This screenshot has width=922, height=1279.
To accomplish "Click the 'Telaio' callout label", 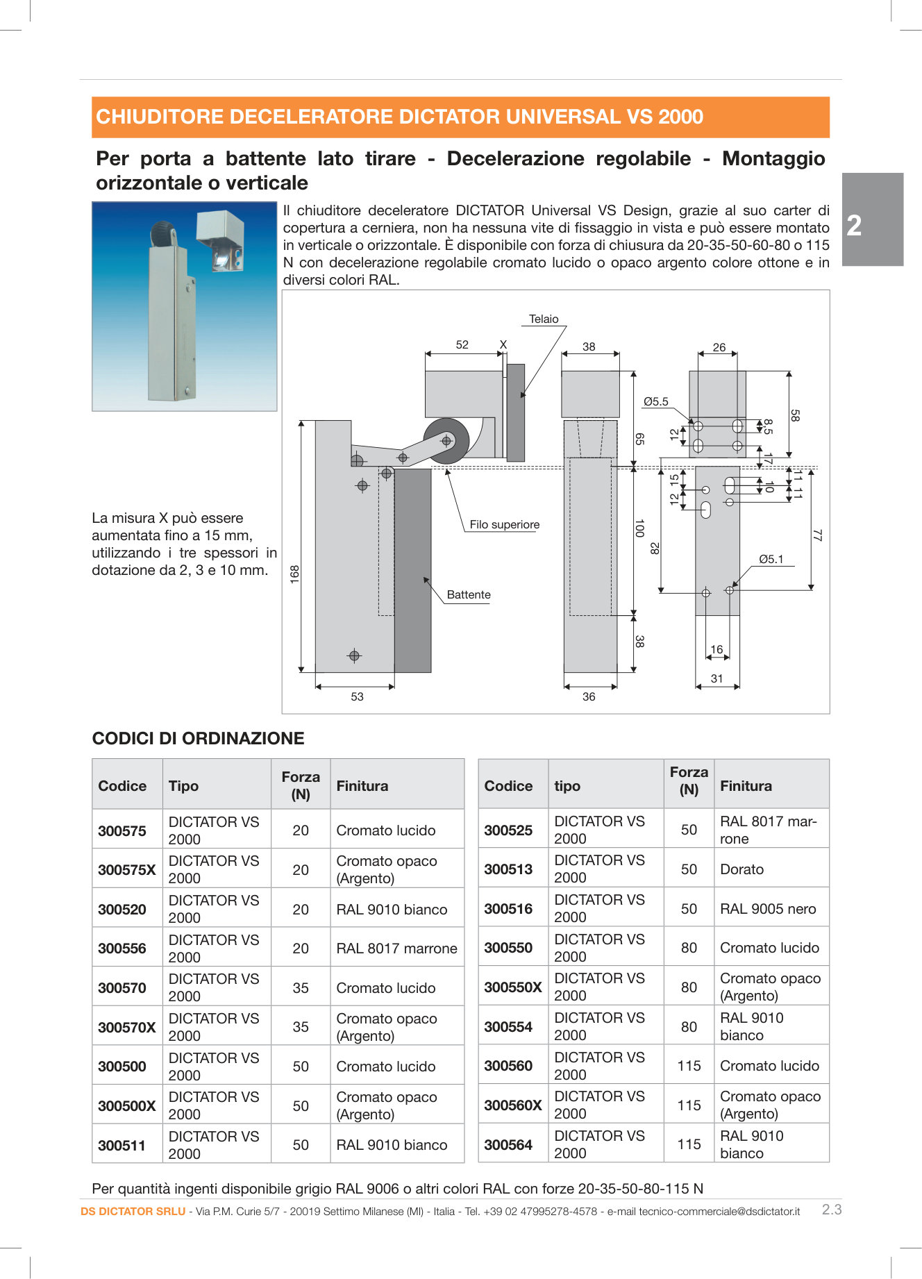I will point(544,319).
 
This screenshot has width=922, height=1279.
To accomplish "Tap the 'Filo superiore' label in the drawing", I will point(504,525).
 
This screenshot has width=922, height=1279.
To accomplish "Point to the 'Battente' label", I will point(469,595).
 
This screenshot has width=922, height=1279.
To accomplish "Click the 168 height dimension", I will point(295,574).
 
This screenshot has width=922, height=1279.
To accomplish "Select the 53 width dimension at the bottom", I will point(357,696).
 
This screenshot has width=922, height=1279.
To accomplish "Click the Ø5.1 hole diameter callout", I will point(771,559).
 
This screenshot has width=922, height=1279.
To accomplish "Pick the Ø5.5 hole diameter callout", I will point(655,401).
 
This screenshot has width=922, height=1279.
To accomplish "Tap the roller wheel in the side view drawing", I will point(447,440).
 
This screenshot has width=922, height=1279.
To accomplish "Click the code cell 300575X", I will point(127,870).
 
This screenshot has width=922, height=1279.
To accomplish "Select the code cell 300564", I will point(508,1145).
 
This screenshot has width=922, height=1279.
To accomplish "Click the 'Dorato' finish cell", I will point(741,869).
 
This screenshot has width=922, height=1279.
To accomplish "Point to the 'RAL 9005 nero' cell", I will point(768,909).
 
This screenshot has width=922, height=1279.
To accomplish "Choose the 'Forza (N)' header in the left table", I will point(301,785).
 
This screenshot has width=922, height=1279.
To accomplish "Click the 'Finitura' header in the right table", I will point(746,785).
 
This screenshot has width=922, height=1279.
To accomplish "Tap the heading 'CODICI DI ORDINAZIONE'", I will point(199,738).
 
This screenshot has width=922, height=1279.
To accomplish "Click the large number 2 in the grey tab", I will point(855,226).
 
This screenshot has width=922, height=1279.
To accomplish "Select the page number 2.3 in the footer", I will point(832,1210).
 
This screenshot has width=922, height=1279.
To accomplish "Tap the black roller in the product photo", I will point(161,232).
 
